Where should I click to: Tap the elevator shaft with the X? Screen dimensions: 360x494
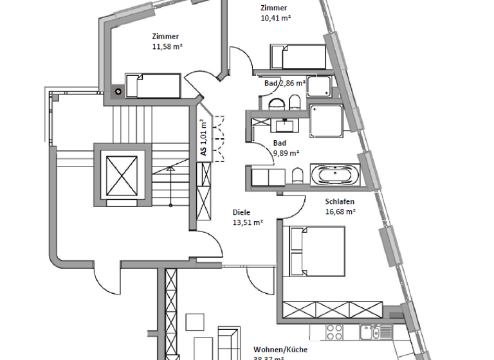coord(122,175)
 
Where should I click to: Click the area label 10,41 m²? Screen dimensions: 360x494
coord(276,19)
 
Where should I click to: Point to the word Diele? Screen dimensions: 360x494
coord(241,212)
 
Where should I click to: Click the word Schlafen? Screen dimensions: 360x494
coord(340,201)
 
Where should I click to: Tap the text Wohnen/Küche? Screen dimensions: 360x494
coord(280,350)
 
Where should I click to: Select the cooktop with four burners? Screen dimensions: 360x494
coord(334,332)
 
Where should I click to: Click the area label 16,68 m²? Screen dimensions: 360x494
coord(341,211)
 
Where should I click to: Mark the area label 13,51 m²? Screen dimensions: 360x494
coord(248,222)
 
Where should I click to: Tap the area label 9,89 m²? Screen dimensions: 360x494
coord(286,153)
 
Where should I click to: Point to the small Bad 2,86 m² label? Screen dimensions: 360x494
coord(284,84)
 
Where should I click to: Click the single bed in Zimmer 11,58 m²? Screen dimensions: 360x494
coord(152,85)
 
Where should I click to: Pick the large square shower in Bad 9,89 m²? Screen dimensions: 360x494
coord(327,121)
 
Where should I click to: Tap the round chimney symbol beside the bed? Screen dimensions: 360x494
coord(118,91)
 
